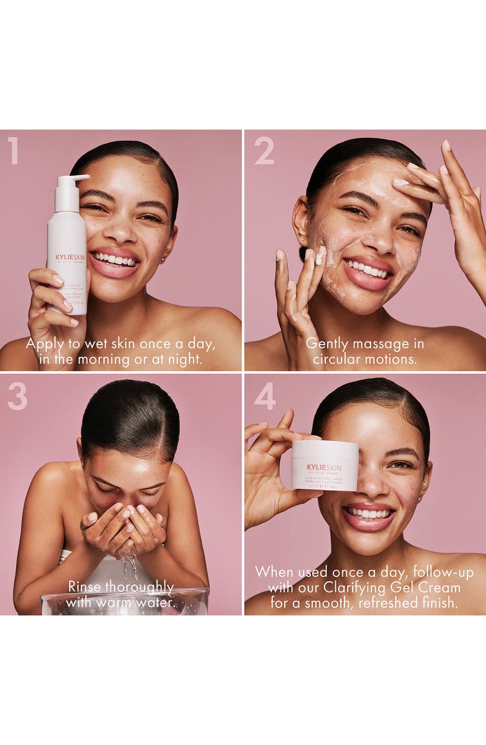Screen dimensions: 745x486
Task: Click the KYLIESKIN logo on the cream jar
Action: tap(324, 467)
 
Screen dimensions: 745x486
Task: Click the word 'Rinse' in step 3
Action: tap(84, 587)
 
